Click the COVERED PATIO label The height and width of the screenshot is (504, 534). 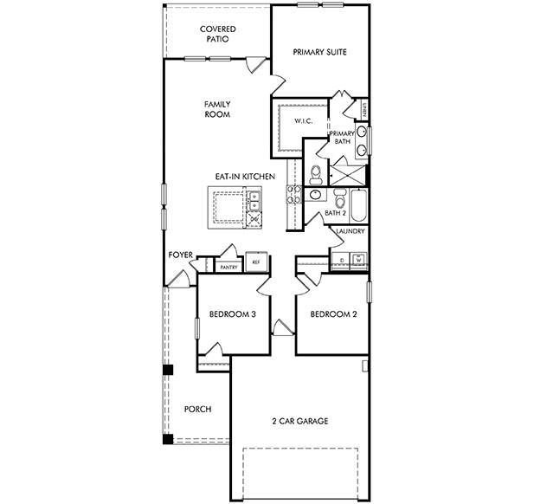pos(217,34)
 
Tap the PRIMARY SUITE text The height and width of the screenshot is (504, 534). pos(319,52)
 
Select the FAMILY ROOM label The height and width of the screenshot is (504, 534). pos(216,109)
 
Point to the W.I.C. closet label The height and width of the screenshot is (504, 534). pos(302,121)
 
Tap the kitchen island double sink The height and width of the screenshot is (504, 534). pos(254,202)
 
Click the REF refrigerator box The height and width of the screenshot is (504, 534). pos(256,262)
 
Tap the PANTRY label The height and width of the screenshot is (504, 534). pos(228,268)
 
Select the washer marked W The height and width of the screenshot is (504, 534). pos(357,259)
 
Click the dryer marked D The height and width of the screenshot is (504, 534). pos(342,259)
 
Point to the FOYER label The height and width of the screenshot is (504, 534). pos(181,255)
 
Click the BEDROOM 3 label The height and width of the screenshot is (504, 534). pos(231,314)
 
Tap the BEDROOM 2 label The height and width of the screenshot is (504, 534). pos(333,314)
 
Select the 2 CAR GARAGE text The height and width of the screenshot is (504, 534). pos(299,421)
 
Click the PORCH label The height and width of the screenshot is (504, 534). pos(198,409)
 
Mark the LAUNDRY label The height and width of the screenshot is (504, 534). pos(350,232)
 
